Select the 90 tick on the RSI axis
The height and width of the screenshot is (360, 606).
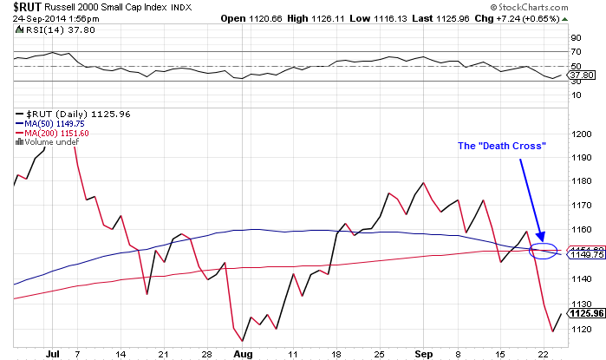(574, 37)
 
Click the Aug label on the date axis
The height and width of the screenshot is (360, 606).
(244, 355)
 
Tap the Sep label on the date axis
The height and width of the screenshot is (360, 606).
(424, 355)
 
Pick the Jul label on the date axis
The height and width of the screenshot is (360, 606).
(52, 355)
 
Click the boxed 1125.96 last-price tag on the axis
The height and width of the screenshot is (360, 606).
(583, 313)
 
